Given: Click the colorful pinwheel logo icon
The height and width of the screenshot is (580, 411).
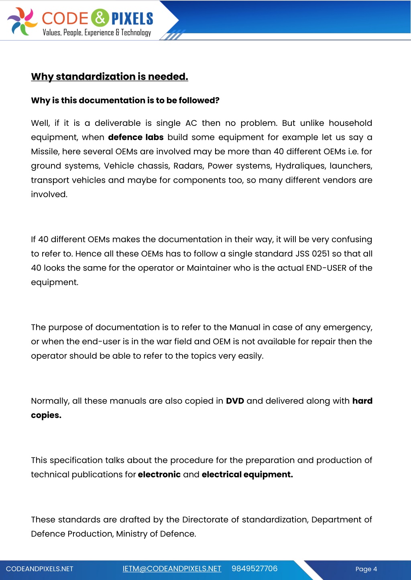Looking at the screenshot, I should [22, 21].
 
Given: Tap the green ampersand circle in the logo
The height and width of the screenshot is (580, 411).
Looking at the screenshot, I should [100, 18].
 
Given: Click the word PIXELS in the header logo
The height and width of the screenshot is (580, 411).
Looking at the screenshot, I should [132, 19].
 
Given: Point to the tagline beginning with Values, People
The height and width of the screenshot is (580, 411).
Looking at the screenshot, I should [97, 32].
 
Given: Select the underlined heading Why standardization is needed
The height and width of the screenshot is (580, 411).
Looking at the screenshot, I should [110, 77].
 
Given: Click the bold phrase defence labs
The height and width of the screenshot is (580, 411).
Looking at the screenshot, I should [136, 137].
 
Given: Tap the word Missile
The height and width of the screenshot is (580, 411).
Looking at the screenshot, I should [45, 152].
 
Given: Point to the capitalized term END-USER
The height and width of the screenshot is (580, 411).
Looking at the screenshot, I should [326, 268].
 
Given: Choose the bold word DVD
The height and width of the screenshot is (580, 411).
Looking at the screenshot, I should [235, 401].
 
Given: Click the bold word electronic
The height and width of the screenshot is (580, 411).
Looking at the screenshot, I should [159, 475].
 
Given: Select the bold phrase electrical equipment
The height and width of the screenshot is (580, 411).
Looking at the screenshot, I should [247, 475].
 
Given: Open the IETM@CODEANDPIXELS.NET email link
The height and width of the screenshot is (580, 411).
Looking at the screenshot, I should [172, 569].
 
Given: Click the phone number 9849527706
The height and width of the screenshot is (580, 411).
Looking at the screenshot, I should [254, 569].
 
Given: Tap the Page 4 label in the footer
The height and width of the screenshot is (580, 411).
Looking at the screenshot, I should [366, 569].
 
